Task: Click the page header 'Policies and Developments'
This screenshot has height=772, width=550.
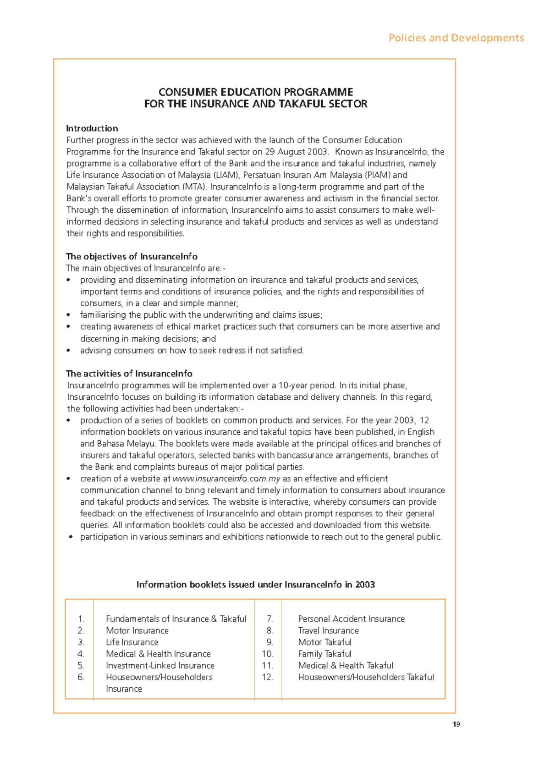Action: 456,38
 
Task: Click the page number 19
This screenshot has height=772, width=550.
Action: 456,724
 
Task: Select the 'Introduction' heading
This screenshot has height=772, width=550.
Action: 92,128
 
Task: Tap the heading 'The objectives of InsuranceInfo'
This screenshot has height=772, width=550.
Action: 132,256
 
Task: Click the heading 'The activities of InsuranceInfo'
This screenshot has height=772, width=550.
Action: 129,373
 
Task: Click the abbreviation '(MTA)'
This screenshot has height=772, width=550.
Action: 194,187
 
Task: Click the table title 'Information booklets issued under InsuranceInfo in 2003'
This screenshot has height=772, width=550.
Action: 255,585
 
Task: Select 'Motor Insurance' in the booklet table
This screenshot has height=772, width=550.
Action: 137,630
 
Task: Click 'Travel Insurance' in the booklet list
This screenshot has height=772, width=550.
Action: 328,630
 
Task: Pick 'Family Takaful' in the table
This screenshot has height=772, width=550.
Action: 324,654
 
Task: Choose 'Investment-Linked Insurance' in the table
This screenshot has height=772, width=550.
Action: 160,665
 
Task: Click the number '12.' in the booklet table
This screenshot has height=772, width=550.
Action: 268,677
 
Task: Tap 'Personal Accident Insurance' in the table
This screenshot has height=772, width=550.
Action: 351,619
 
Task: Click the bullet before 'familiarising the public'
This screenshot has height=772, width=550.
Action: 69,315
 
